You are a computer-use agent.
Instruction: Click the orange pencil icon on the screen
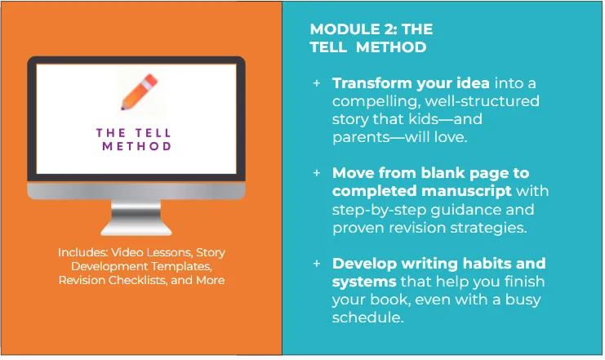[x=140, y=91]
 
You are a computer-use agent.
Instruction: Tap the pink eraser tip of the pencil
[x=151, y=80]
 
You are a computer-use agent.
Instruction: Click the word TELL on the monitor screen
[x=153, y=133]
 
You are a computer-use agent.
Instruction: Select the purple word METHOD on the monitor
[x=136, y=146]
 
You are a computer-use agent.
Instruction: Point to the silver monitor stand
[x=136, y=217]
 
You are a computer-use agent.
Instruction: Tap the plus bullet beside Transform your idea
[x=317, y=83]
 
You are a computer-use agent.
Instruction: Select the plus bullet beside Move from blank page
[x=317, y=173]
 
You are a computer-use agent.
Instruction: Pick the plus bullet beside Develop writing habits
[x=317, y=264]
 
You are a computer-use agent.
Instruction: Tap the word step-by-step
[x=379, y=210]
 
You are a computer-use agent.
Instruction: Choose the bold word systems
[x=364, y=282]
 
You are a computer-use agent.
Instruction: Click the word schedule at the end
[x=367, y=318]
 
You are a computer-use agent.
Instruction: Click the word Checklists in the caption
[x=137, y=280]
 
